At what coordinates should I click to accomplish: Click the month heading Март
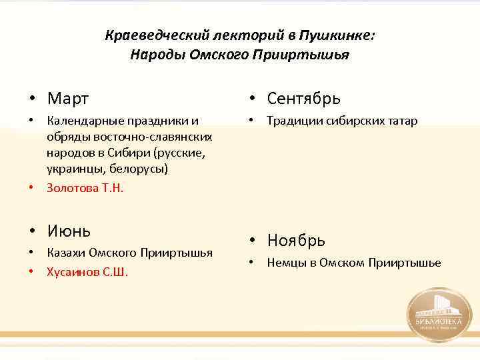[x=67, y=99]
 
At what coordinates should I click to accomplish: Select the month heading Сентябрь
[x=303, y=99]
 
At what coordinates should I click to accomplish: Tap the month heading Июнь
[x=69, y=231]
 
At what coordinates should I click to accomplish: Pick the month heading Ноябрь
[x=296, y=240]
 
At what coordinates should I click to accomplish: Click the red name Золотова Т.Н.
[x=85, y=188]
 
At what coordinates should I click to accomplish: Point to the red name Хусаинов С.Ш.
[x=87, y=271]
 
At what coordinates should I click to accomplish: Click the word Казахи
[x=65, y=252]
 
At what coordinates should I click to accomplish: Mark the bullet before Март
[x=32, y=99]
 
